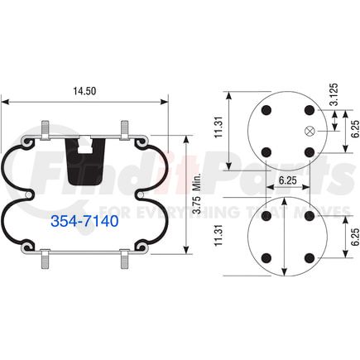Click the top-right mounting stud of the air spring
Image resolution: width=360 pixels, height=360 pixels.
coord(124,130)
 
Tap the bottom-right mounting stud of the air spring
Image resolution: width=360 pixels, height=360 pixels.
coord(124,264)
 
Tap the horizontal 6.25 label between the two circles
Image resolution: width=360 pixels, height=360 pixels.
coord(286,179)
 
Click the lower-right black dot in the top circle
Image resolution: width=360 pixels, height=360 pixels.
coord(308,151)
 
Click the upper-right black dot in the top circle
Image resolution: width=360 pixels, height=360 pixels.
coord(308,110)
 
